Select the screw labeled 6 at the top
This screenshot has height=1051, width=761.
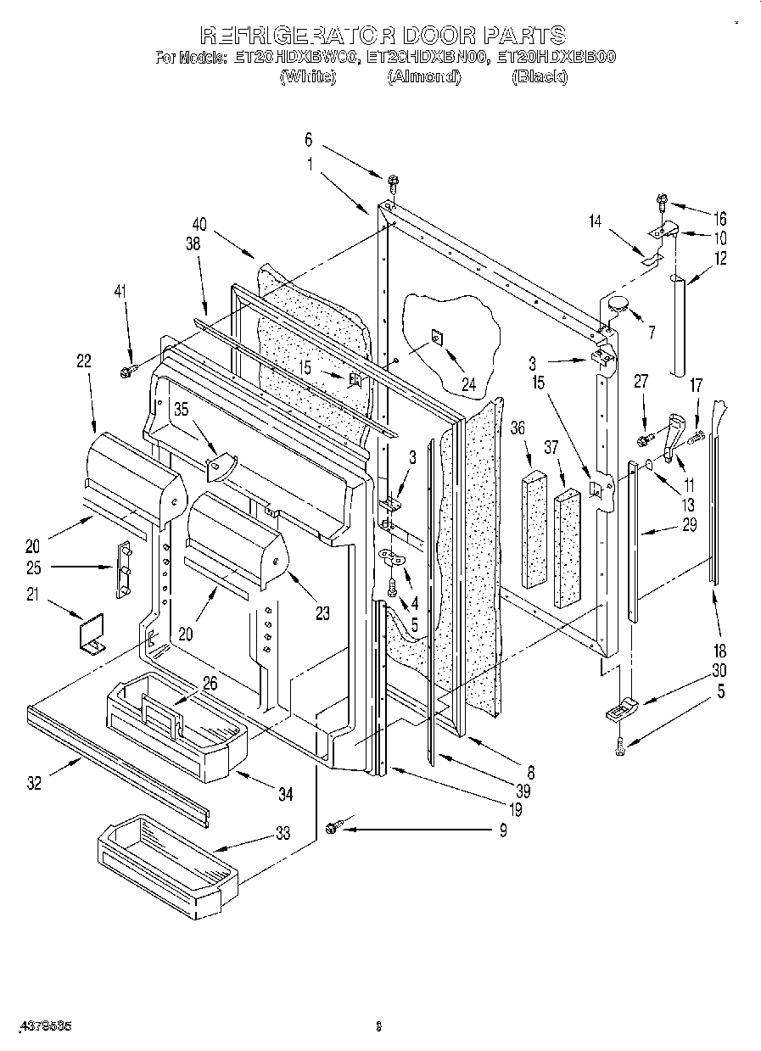coord(393,182)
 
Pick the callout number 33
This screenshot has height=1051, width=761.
coord(282,834)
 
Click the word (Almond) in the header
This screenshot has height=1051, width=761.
coord(423,77)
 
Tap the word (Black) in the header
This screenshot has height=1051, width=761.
coord(539,77)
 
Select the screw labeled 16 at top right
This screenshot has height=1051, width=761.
coord(661,202)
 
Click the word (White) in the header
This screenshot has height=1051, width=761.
coord(308,77)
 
